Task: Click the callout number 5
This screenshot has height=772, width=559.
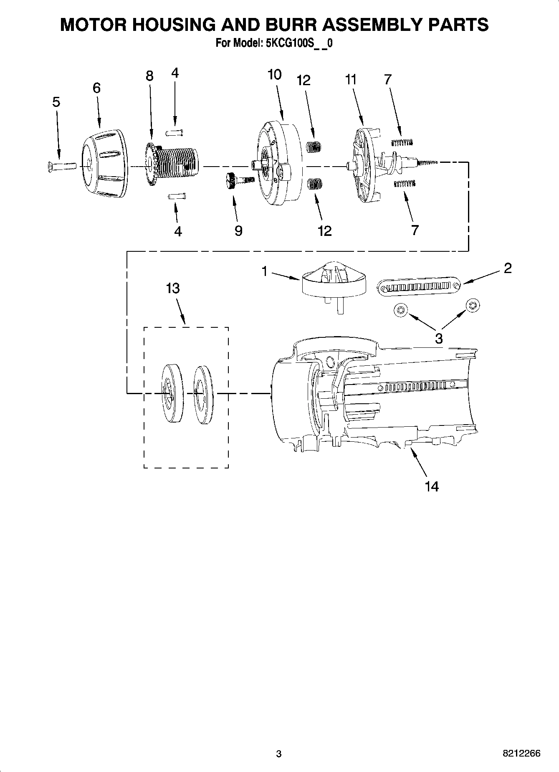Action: [x=56, y=102]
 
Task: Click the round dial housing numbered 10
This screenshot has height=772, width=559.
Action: [x=278, y=164]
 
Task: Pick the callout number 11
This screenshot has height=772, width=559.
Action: [x=351, y=79]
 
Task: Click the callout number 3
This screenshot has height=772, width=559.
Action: [x=438, y=338]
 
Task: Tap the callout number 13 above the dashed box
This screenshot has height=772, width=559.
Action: [x=173, y=288]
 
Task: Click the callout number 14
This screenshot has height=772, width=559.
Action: [x=432, y=486]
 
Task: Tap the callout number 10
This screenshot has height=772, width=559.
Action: [x=274, y=75]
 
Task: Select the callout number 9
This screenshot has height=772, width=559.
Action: [x=238, y=231]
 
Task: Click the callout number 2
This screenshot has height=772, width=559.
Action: [x=507, y=268]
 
